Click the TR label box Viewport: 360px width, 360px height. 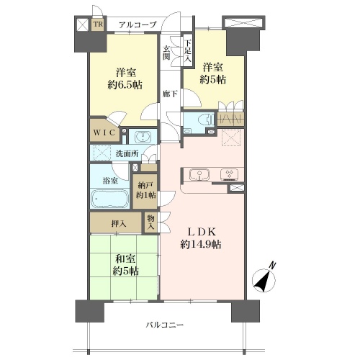coord(98,24)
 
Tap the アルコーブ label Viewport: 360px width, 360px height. coord(138,24)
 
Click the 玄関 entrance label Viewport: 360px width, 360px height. coord(166,53)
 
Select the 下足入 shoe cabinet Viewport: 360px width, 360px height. coord(188,52)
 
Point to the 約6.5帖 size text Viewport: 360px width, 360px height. coord(125,85)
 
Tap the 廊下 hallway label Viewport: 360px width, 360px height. coord(170,94)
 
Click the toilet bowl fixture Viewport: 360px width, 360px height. coord(207,120)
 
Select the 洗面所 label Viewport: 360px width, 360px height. coord(127,153)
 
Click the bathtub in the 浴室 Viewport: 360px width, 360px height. coord(109,199)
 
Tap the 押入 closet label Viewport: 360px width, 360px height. coord(119,224)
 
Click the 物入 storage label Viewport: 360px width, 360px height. coord(150,222)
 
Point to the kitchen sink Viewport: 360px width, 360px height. coord(199,174)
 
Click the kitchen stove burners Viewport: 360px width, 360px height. coord(230,174)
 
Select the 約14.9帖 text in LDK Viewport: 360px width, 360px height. coord(201,244)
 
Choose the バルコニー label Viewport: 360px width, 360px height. coord(165,325)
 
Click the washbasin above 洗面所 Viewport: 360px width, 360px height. coord(143,137)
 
